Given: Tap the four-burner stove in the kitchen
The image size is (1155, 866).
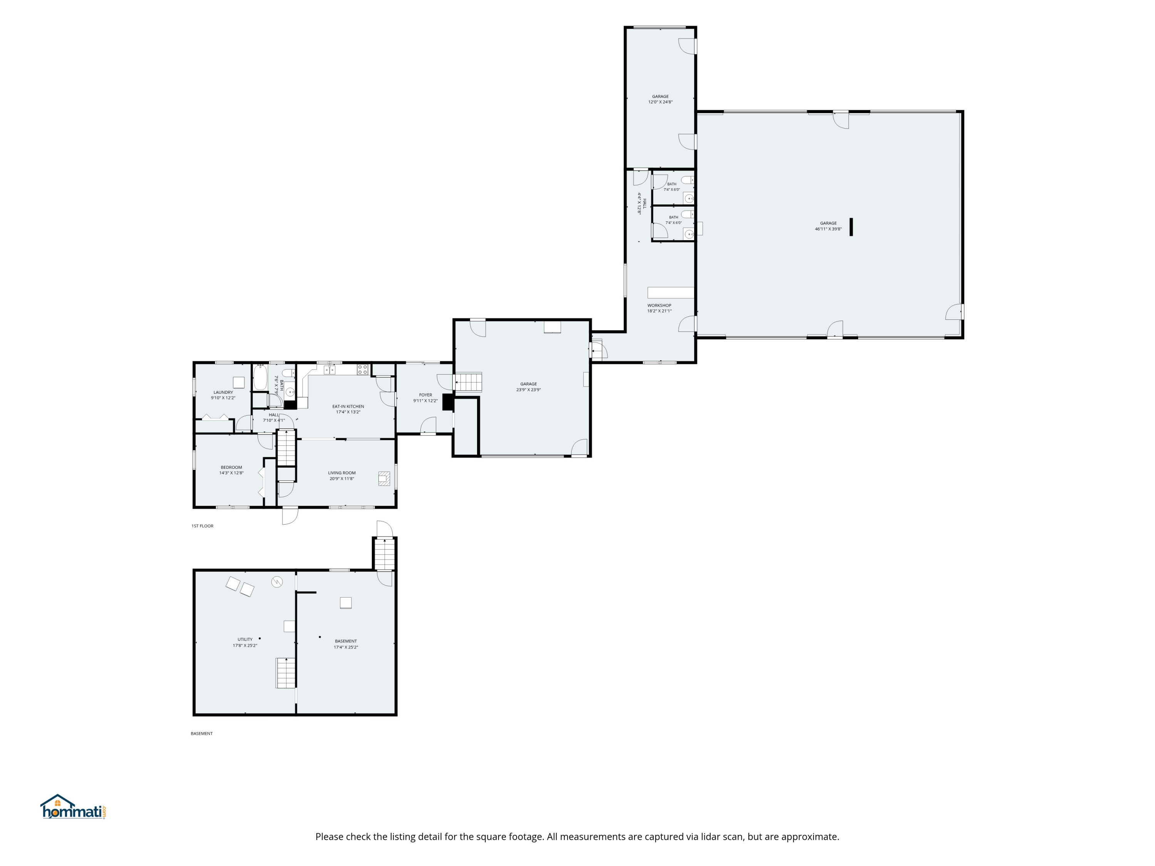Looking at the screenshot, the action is [362, 369].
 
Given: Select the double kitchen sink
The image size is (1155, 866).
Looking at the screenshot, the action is [330, 369].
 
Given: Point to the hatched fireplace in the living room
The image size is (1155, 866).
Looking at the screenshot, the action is [384, 478].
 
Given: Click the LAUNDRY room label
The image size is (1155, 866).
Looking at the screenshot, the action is [223, 393].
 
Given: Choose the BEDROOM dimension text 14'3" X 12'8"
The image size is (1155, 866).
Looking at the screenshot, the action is [231, 473].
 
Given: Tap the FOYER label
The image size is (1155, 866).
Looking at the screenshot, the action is [425, 395].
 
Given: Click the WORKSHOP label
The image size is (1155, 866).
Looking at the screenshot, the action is [660, 305].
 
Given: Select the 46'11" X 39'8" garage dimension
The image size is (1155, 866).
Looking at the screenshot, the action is [829, 229].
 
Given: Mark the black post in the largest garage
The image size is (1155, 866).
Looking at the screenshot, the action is [851, 227].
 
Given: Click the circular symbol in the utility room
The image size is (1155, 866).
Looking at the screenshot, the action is [277, 582].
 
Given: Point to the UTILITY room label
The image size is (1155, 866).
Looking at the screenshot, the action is [245, 639].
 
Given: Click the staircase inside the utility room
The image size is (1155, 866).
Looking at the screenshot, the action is [286, 673].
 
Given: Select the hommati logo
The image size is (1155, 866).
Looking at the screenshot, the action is [74, 807].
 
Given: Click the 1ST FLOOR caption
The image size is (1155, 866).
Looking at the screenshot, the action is [203, 526].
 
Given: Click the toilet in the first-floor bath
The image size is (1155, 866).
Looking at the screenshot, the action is [287, 373].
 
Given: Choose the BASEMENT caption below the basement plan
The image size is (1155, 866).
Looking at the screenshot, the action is [202, 734].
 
